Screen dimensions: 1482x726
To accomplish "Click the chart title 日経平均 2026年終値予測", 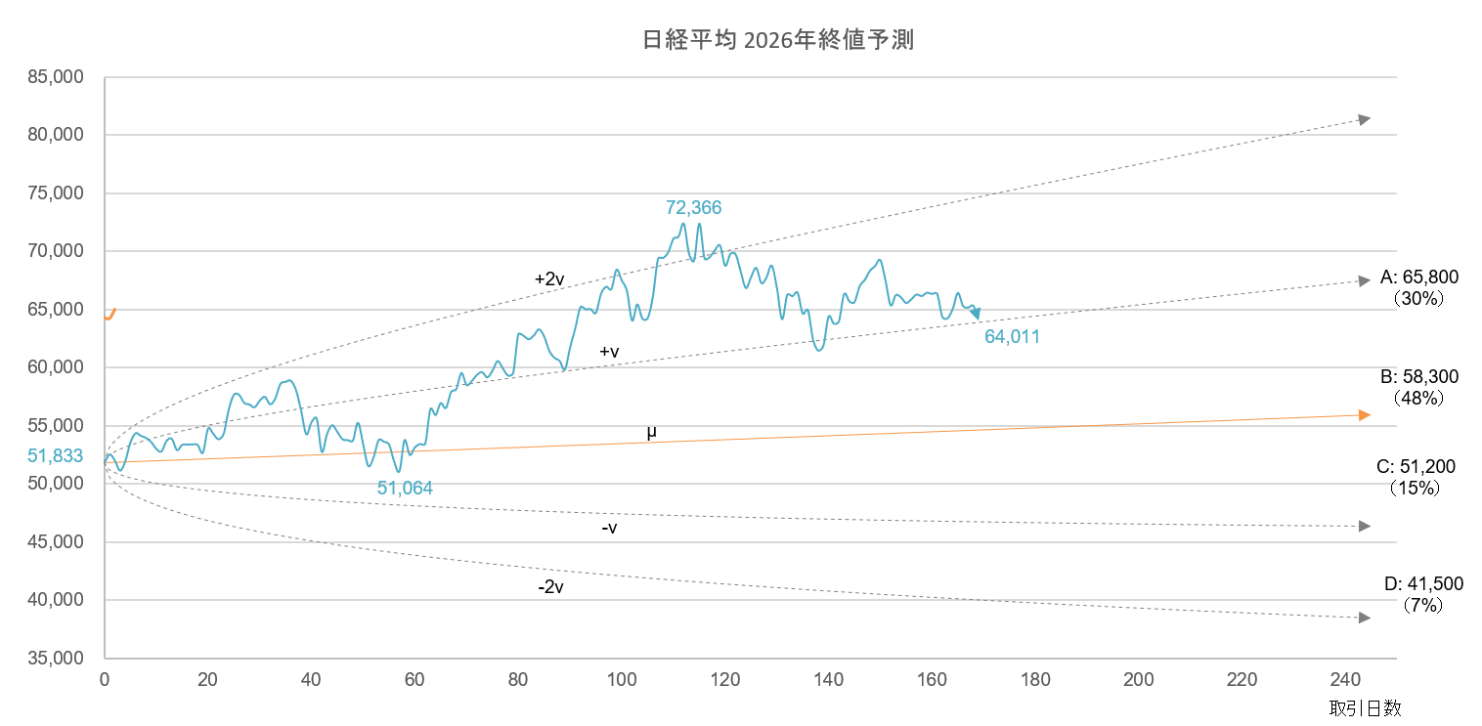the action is point(778,40).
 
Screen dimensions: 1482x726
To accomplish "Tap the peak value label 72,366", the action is point(693,207).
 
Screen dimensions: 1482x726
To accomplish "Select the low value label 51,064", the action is point(405,488).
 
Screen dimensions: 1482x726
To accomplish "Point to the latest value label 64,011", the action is point(1012,336).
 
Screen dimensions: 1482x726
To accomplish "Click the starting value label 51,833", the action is point(55,455).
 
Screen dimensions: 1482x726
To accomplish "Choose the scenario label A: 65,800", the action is point(1419,278).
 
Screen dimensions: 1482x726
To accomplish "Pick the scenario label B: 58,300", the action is point(1419,377).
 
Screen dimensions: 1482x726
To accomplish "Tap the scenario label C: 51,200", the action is point(1416,467).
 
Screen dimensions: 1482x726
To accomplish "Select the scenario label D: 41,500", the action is point(1423,584).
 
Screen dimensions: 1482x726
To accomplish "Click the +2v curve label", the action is point(549,279).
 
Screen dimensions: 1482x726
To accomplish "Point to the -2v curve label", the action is point(550,587).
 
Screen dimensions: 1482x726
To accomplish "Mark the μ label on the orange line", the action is point(652,433).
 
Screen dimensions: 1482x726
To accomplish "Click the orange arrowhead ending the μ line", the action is point(1365,415).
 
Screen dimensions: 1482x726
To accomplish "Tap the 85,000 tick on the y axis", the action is point(56,76).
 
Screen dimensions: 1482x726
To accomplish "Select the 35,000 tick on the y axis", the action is point(56,658).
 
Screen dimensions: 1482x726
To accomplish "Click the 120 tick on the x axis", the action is point(725,680).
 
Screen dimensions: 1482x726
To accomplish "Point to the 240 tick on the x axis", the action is point(1346,680).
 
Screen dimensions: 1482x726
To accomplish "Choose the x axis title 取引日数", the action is point(1365,708).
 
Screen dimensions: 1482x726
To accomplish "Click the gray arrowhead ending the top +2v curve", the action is point(1365,119).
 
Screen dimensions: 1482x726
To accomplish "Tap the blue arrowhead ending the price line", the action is point(976,314).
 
